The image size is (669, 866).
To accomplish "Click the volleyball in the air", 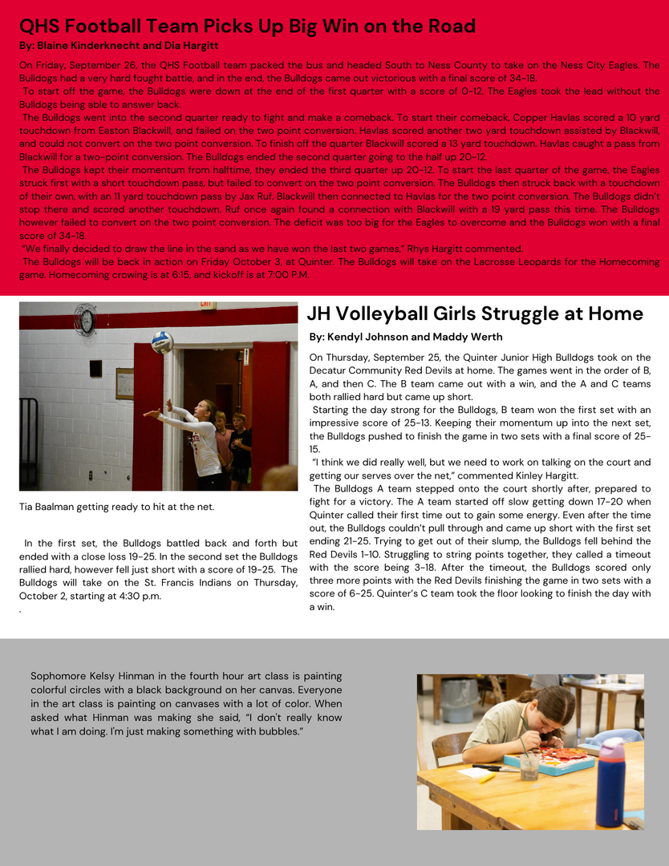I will (162, 342).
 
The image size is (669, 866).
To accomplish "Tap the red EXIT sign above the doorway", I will (209, 306).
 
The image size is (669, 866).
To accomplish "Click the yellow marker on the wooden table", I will (486, 777).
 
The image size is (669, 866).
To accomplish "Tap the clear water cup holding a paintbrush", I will (529, 766).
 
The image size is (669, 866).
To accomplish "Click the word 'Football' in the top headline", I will (108, 26).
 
